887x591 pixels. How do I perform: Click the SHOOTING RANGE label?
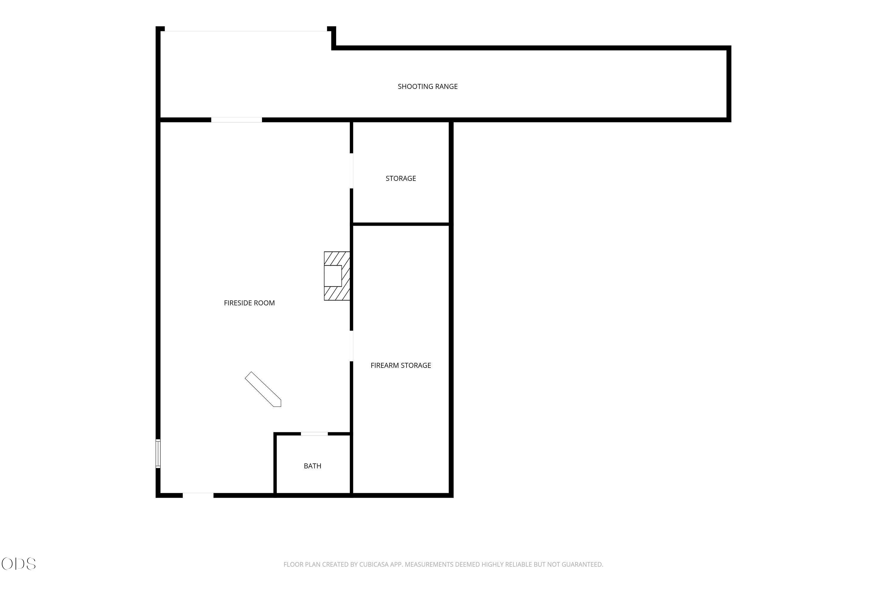[x=428, y=86]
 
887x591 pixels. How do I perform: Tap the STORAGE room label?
[x=401, y=178]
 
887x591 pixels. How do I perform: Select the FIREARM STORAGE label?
[x=401, y=365]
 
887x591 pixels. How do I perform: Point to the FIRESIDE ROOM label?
[x=249, y=303]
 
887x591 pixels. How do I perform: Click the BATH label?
[x=313, y=466]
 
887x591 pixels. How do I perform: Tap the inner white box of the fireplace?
[x=333, y=276]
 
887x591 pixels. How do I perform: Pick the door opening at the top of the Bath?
[x=314, y=434]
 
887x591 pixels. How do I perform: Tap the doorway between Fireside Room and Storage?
[x=352, y=171]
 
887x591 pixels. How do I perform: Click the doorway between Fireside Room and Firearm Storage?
[x=352, y=346]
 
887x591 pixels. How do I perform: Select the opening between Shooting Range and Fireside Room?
[x=237, y=120]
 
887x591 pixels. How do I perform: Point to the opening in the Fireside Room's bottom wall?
[x=198, y=495]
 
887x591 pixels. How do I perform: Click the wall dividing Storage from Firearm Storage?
[x=401, y=224]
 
